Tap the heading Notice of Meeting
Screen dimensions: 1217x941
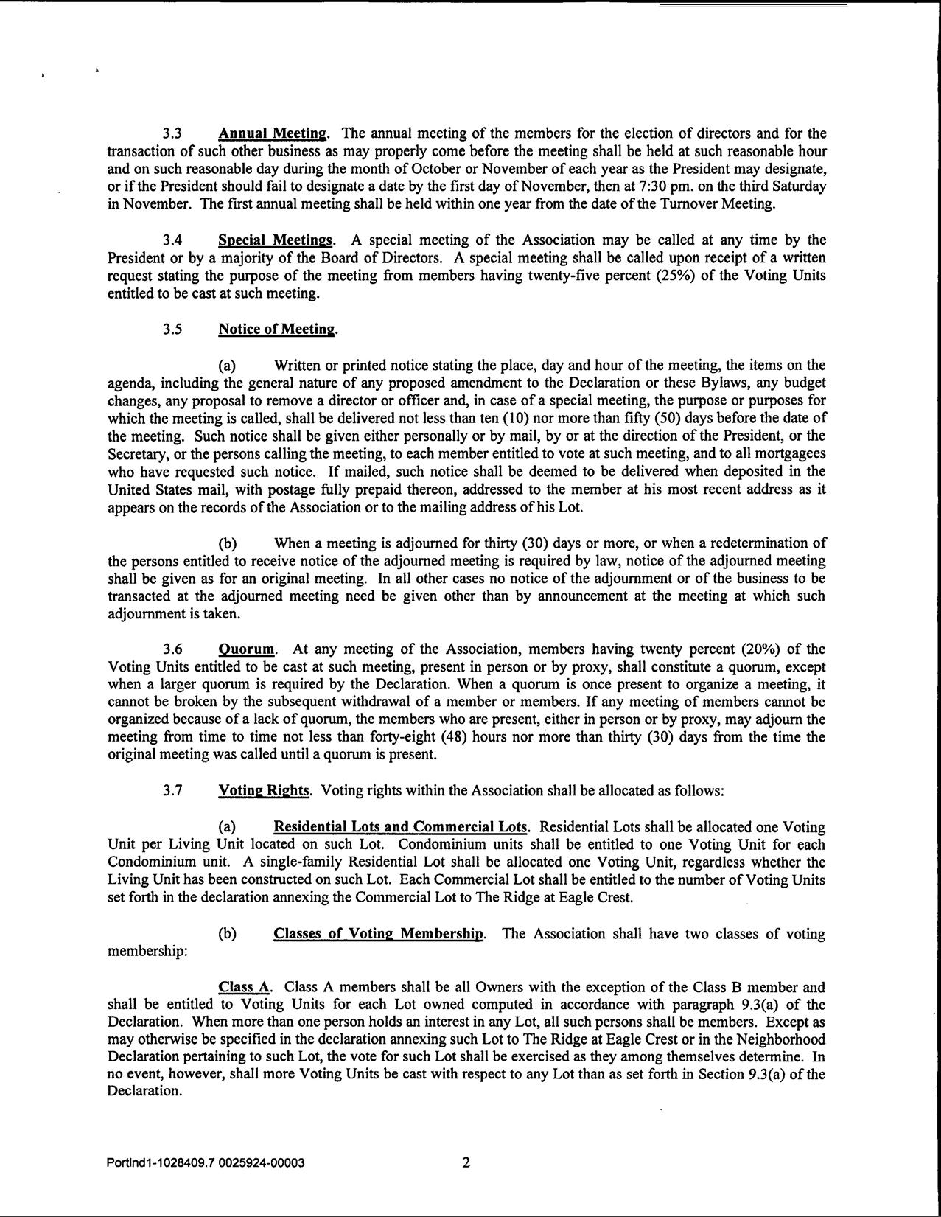pyautogui.click(x=277, y=329)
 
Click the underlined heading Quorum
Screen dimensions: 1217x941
pyautogui.click(x=247, y=649)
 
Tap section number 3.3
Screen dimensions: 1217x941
pyautogui.click(x=172, y=134)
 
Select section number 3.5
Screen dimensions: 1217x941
pyautogui.click(x=172, y=329)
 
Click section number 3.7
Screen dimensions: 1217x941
pyautogui.click(x=172, y=791)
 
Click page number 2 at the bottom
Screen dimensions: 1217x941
pyautogui.click(x=465, y=1163)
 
